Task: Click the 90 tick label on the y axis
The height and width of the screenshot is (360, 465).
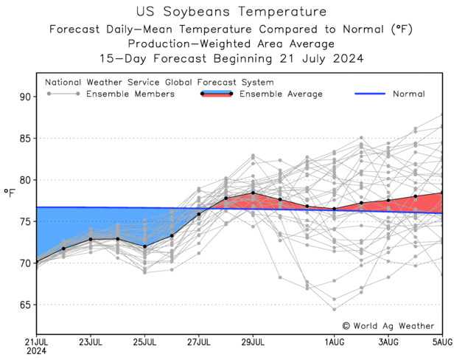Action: (24, 97)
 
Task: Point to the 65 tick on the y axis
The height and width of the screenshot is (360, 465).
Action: (24, 305)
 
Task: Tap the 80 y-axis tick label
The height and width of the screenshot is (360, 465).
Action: (24, 180)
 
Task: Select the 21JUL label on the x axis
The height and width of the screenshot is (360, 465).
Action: (37, 342)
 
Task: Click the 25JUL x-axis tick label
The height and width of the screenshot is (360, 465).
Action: (144, 342)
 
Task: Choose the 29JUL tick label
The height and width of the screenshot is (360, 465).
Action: (253, 342)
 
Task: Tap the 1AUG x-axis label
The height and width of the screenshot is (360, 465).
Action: (334, 342)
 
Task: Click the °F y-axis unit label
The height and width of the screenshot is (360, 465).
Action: (10, 193)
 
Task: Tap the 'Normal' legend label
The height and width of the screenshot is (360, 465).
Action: (408, 94)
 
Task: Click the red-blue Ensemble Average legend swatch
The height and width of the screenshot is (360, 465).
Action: (217, 94)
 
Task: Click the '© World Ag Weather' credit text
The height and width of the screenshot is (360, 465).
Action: (388, 325)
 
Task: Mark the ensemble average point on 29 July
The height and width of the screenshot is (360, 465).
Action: (253, 193)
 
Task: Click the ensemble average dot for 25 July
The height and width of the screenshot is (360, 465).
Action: (144, 246)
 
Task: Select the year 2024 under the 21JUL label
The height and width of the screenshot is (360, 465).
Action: (36, 352)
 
